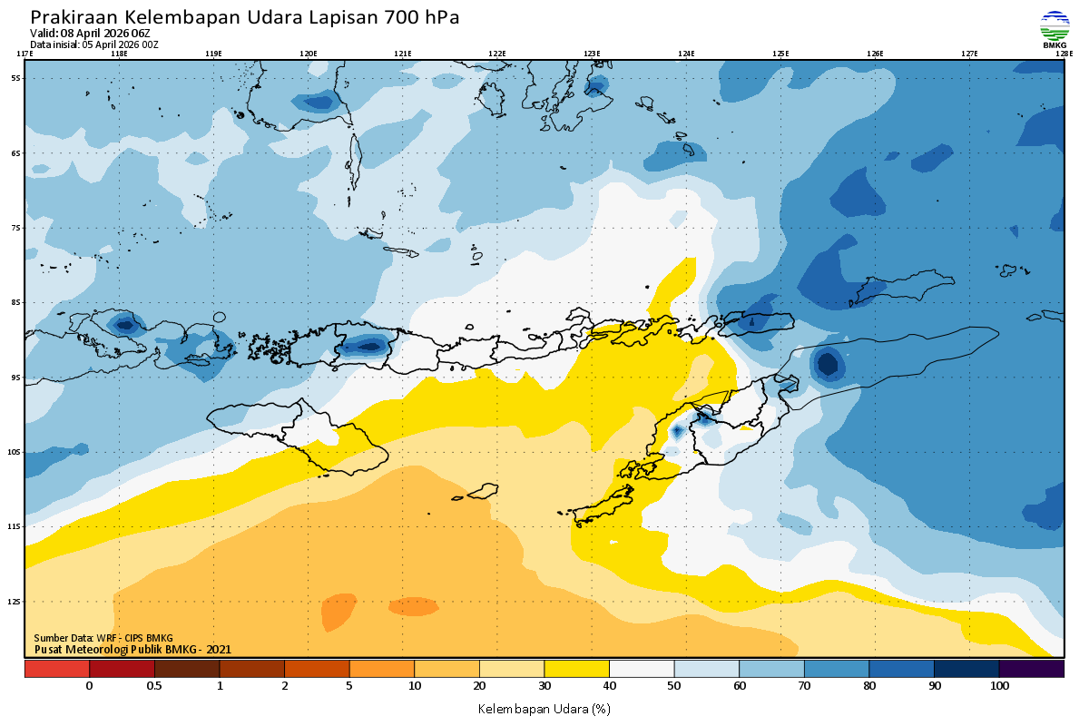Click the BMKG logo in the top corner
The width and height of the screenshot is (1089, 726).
[1055, 29]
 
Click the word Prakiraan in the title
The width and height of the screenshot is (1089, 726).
[74, 17]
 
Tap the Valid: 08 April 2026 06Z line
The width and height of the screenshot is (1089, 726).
[91, 34]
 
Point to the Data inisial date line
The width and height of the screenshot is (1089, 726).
[94, 44]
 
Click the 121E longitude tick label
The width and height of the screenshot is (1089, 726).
[403, 54]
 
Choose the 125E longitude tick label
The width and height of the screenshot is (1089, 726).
[780, 54]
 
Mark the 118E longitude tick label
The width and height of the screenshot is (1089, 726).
[119, 54]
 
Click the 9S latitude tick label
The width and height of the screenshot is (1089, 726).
[16, 377]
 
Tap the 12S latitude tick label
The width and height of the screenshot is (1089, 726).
[15, 602]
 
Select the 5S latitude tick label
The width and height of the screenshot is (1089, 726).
[16, 78]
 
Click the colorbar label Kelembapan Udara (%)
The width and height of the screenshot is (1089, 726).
[544, 708]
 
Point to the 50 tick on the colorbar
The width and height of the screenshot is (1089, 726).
[674, 686]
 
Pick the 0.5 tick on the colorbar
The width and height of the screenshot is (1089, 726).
[154, 686]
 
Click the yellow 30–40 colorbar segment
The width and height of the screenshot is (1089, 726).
[576, 669]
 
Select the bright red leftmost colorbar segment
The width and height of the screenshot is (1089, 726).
[57, 669]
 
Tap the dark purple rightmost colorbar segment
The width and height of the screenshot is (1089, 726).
[1031, 669]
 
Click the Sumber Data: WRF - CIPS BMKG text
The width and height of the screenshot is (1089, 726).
[103, 638]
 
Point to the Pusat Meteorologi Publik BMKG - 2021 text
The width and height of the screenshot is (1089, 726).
[132, 649]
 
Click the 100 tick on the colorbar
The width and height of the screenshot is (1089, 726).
[999, 686]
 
